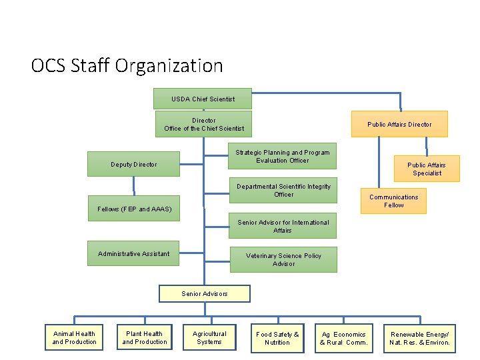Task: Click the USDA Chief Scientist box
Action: (203, 99)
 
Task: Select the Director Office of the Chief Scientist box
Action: (204, 125)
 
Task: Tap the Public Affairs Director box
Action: (399, 124)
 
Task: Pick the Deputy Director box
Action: (134, 164)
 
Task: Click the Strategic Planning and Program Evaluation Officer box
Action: (282, 157)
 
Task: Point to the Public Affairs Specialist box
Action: (427, 169)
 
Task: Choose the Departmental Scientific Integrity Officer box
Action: (283, 191)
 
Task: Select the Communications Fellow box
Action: (393, 201)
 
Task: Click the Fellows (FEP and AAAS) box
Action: (134, 209)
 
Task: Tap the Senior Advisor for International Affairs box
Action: (283, 227)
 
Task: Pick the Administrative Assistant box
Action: (133, 253)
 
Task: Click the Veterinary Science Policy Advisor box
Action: (283, 259)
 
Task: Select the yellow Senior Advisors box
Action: (204, 293)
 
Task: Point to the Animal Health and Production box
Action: (74, 337)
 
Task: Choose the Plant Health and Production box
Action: (145, 337)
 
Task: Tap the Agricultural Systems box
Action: (209, 337)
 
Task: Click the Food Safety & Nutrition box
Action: (277, 338)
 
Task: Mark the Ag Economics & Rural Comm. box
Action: (343, 338)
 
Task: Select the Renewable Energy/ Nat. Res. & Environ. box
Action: (419, 338)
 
